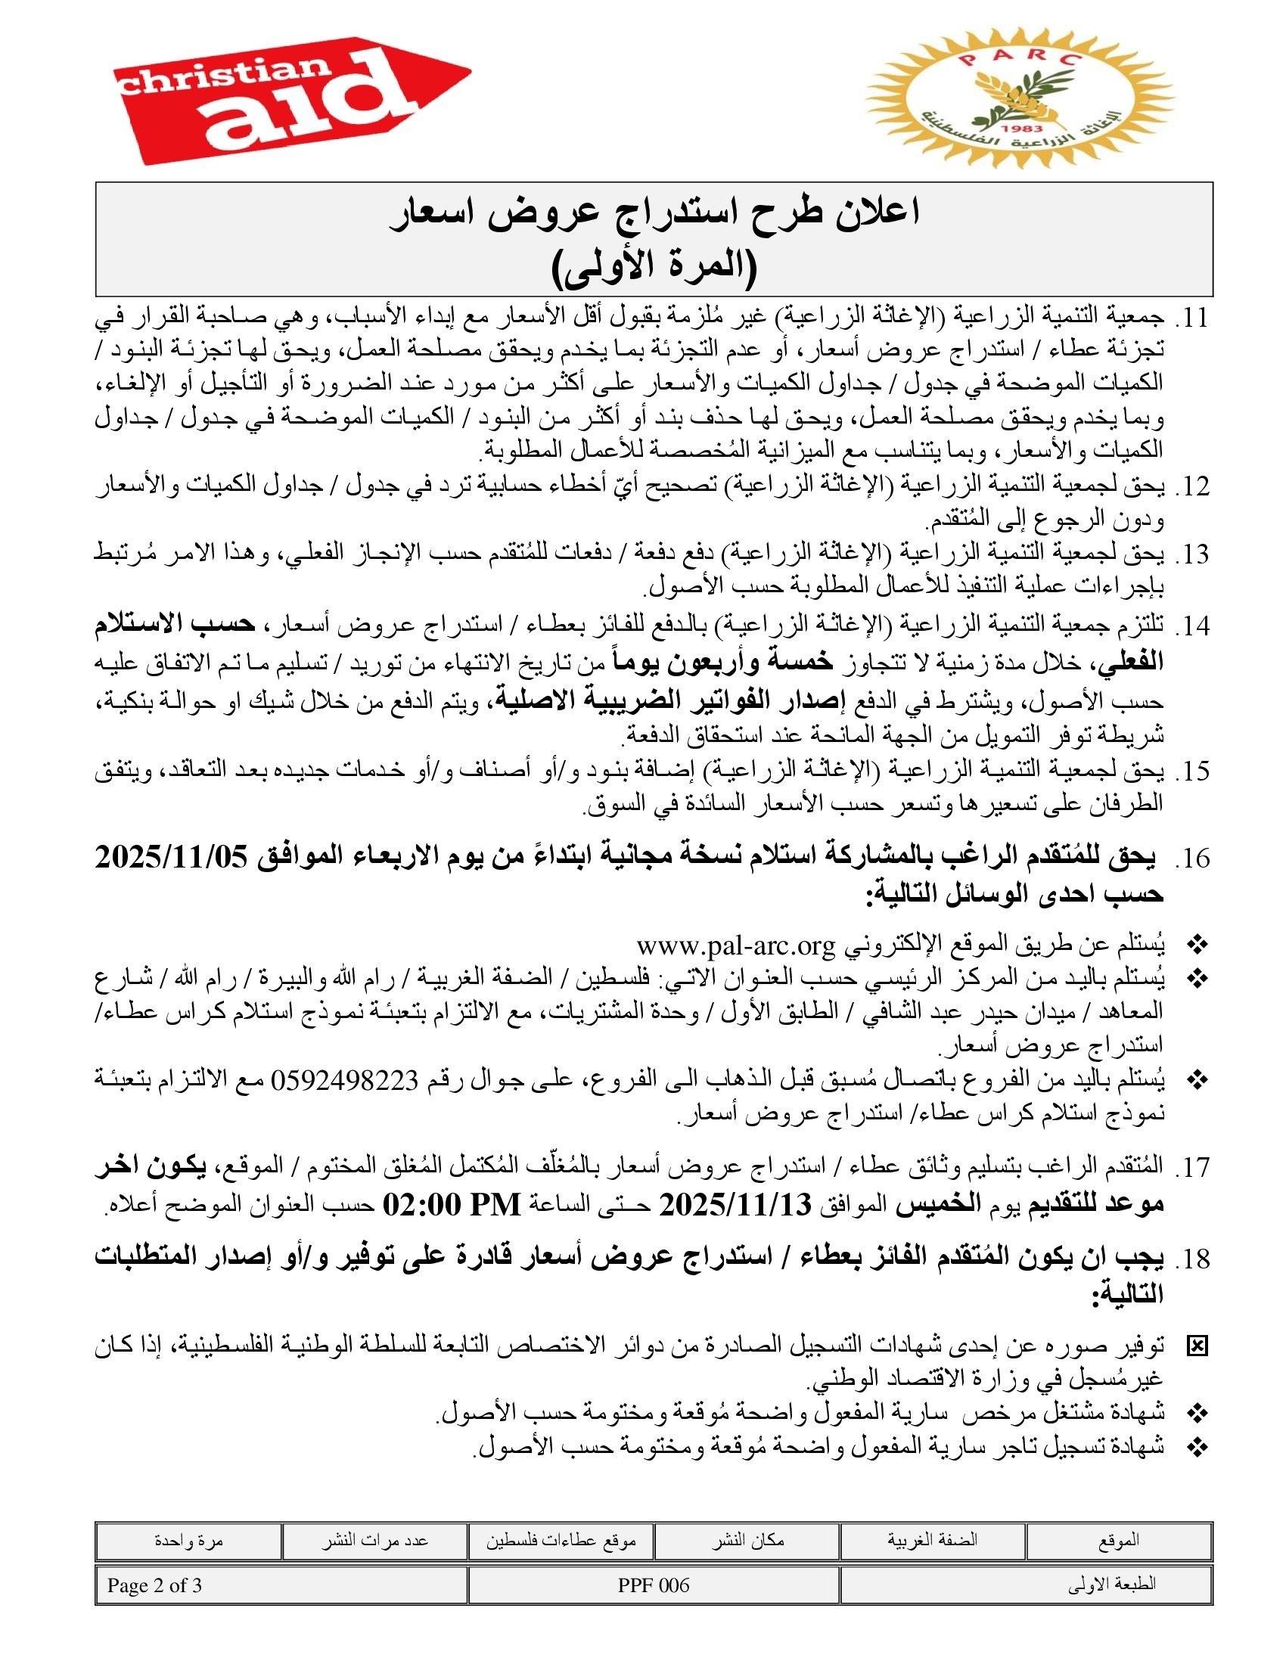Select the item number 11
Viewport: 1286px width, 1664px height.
click(1192, 318)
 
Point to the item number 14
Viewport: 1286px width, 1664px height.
click(1192, 626)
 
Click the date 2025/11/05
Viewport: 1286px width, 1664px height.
click(172, 858)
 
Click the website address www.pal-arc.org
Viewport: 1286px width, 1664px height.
click(736, 945)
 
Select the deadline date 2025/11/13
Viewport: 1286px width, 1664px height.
click(736, 1205)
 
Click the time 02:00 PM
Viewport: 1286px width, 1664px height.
click(452, 1205)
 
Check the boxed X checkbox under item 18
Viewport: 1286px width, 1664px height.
click(1197, 1347)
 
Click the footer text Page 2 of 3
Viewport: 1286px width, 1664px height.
click(154, 1585)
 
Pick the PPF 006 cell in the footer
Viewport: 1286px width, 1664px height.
click(654, 1585)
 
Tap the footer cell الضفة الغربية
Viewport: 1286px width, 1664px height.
click(932, 1540)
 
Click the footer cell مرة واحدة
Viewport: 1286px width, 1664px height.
click(188, 1541)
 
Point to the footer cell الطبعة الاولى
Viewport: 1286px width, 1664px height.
click(1111, 1585)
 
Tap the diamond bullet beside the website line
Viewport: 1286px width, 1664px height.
click(1197, 945)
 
